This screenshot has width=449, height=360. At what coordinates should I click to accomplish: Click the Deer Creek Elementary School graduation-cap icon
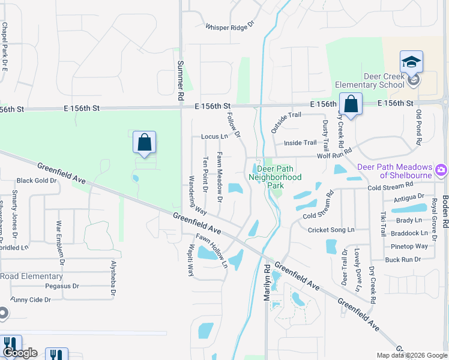click(411, 62)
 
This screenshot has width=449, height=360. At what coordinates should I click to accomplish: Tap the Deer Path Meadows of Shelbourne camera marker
click(442, 170)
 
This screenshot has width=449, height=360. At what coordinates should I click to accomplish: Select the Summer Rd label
click(181, 80)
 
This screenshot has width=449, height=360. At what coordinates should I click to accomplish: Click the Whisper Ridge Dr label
click(230, 27)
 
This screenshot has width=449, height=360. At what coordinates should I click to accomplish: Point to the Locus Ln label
click(214, 137)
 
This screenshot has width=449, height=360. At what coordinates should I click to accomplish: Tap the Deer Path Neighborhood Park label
click(275, 178)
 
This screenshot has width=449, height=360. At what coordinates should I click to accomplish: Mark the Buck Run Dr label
click(403, 260)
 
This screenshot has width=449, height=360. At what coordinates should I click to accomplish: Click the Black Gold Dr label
click(36, 181)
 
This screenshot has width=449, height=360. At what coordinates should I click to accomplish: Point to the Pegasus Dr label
click(62, 286)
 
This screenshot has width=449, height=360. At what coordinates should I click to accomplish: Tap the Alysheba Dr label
click(112, 278)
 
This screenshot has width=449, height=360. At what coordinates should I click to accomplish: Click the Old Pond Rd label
click(418, 128)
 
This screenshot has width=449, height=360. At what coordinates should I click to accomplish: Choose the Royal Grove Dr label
click(434, 220)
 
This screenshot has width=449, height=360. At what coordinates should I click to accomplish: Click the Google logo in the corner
click(19, 353)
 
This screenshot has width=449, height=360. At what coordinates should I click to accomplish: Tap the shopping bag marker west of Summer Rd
click(144, 143)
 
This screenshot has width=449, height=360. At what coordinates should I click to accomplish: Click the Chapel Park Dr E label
click(4, 47)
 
